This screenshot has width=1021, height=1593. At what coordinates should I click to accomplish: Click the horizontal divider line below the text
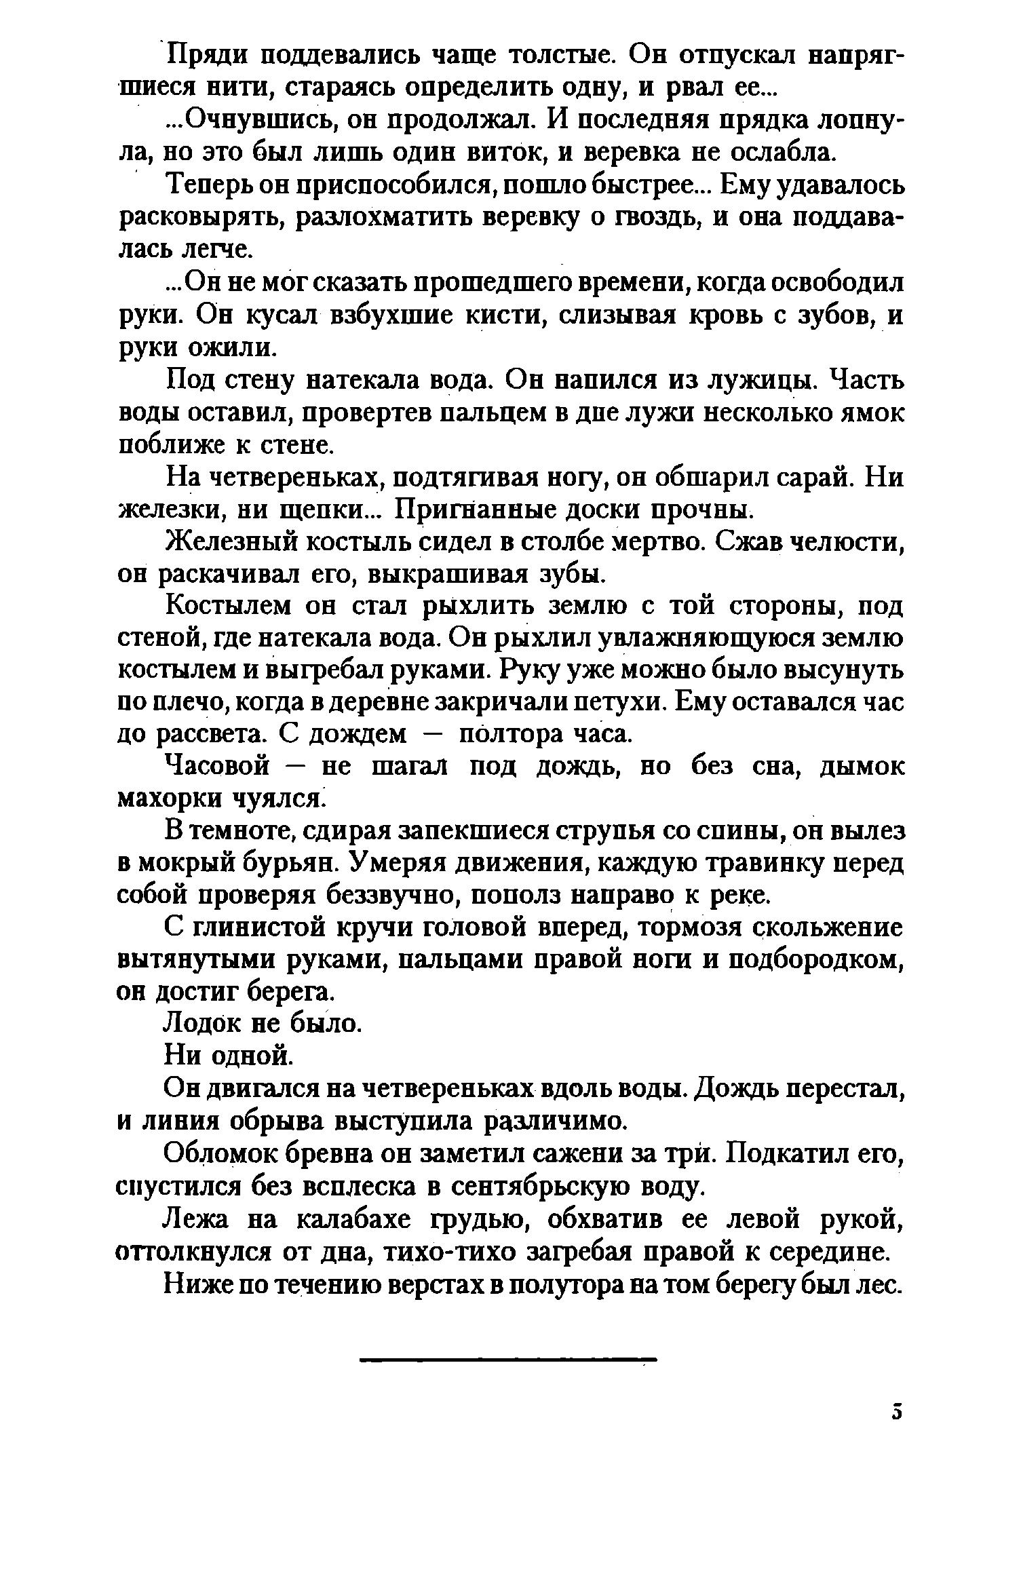509,1360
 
